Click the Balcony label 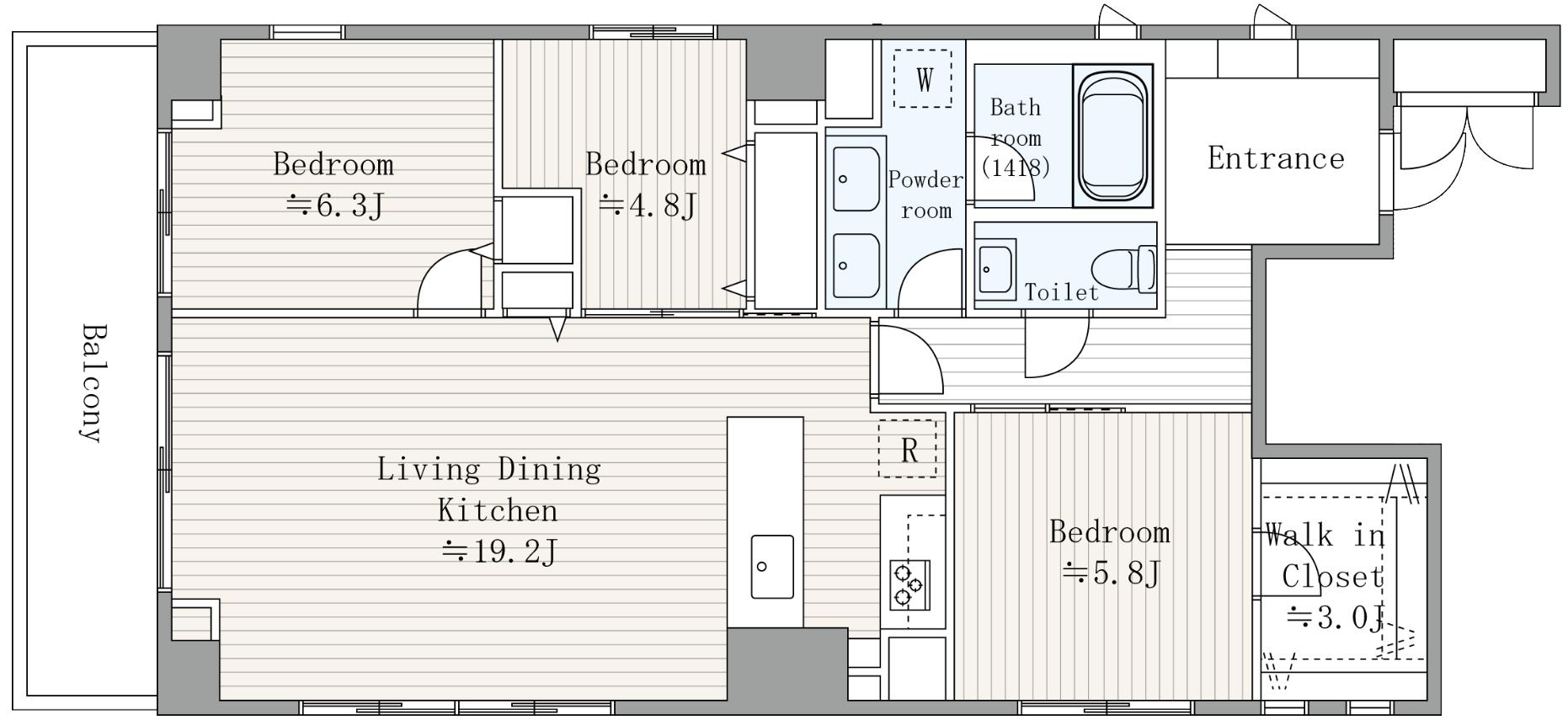[x=93, y=382]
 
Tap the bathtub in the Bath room [x=1113, y=136]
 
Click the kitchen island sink [x=772, y=567]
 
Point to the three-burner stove [x=910, y=584]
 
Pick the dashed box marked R [x=908, y=449]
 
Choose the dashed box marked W [x=923, y=78]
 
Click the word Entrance [x=1276, y=158]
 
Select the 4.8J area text [x=648, y=205]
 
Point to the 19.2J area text [x=500, y=552]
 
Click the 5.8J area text [x=1112, y=573]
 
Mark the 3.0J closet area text [x=1336, y=618]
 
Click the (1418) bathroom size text [x=1016, y=167]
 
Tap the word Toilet [x=1062, y=292]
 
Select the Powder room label [x=926, y=195]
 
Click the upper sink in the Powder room [x=856, y=179]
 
